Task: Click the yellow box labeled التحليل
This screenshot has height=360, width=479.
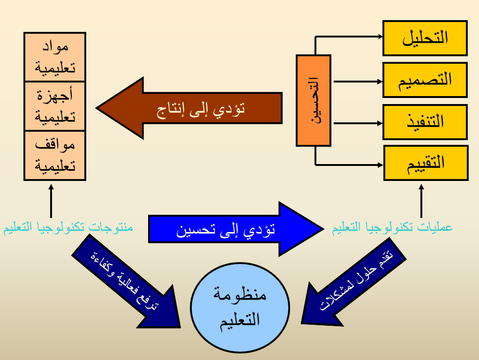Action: (x=425, y=38)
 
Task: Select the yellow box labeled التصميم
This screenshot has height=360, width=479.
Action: (x=425, y=79)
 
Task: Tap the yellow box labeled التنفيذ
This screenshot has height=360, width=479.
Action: (x=425, y=122)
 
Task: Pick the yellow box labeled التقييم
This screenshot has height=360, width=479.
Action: (x=426, y=163)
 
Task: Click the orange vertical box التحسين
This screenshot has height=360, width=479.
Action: (x=314, y=100)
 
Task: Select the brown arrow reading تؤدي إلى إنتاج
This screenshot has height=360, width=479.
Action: (x=197, y=108)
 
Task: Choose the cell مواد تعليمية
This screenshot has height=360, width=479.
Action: (x=54, y=57)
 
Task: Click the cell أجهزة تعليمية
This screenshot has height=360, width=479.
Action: (x=54, y=106)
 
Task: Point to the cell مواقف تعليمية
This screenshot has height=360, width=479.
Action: (x=54, y=155)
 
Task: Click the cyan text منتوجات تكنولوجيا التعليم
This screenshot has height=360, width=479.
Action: (x=68, y=228)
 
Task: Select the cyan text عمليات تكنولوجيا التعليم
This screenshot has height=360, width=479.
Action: (x=393, y=228)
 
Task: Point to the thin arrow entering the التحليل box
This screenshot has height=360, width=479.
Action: (x=349, y=36)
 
